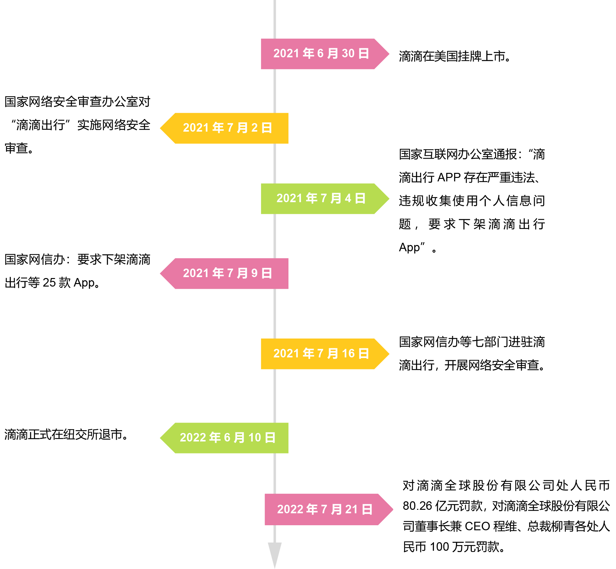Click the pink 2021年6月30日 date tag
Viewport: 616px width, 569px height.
click(x=321, y=54)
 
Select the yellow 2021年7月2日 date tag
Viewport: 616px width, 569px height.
click(x=227, y=128)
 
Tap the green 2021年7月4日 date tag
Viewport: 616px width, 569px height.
click(x=321, y=198)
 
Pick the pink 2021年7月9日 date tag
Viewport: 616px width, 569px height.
click(x=227, y=273)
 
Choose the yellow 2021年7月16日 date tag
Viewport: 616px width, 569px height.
click(x=321, y=354)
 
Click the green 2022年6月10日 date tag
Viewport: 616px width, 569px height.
click(x=227, y=438)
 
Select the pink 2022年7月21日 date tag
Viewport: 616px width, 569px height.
click(x=325, y=509)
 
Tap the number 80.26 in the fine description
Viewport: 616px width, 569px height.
click(x=417, y=506)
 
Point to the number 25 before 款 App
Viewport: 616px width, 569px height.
click(x=49, y=283)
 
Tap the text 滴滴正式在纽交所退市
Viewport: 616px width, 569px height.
click(x=66, y=435)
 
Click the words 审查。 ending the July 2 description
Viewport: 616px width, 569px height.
click(x=19, y=148)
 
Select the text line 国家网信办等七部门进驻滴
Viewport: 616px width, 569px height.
click(x=472, y=342)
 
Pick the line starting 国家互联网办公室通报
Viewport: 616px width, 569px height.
click(x=472, y=155)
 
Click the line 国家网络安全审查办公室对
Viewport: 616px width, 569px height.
click(x=77, y=102)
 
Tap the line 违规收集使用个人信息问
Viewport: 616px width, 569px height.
click(x=472, y=201)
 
